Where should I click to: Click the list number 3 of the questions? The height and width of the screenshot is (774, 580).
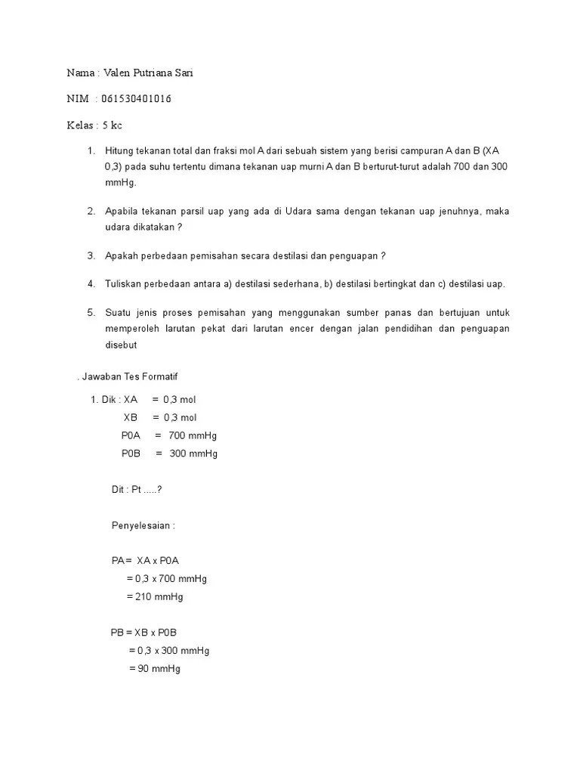[91, 255]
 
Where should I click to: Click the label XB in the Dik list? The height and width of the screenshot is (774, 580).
[130, 417]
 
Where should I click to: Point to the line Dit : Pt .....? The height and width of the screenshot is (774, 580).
[137, 489]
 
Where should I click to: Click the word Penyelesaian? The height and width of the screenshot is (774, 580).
[143, 525]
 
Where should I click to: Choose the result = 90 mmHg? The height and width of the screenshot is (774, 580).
[155, 669]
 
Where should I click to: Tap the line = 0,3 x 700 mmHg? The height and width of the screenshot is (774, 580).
[167, 578]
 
